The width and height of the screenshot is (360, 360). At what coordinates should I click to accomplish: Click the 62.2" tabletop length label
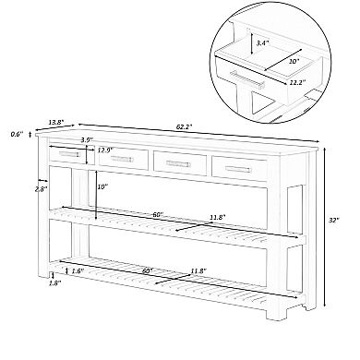tap(185, 126)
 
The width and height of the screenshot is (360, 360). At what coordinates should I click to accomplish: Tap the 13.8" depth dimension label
tap(56, 122)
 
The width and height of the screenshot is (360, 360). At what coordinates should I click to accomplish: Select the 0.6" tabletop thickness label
tap(17, 134)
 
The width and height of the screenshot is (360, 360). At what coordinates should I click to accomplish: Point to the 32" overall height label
tap(333, 220)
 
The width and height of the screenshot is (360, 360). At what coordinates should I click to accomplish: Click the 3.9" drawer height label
tap(87, 139)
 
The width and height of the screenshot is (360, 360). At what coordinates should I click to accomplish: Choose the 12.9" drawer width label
tap(105, 150)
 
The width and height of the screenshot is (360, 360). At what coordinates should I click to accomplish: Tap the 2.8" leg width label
tap(41, 189)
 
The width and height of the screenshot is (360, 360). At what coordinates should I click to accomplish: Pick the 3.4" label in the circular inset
tap(263, 43)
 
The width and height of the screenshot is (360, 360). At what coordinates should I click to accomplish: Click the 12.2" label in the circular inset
tap(297, 82)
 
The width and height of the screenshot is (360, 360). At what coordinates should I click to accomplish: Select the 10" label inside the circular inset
tap(294, 61)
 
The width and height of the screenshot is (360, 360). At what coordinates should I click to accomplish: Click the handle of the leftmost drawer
tap(69, 154)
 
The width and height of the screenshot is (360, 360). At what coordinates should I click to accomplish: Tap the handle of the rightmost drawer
tap(238, 168)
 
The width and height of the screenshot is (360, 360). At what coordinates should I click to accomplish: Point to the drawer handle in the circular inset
tap(247, 79)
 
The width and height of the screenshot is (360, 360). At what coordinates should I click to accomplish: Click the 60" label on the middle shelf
tap(158, 215)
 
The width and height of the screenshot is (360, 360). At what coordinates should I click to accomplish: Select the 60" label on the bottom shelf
tap(148, 270)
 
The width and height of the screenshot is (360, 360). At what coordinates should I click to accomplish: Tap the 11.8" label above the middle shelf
tap(218, 217)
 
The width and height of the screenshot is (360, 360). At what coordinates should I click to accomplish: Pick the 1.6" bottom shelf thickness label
tap(78, 271)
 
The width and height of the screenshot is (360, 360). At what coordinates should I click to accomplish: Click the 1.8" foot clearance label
tap(55, 283)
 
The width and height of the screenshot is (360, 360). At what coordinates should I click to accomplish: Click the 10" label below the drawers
tap(103, 186)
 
